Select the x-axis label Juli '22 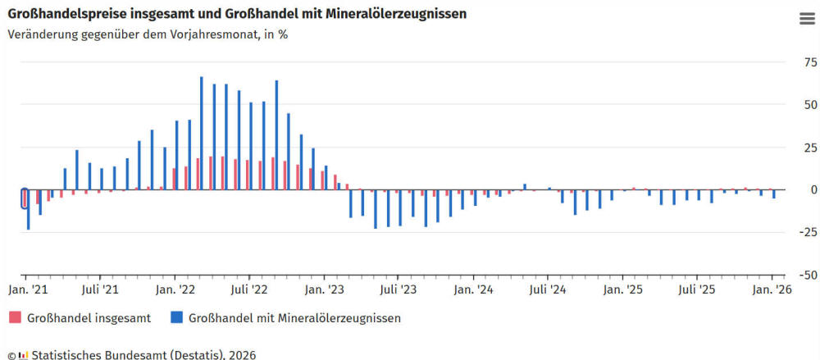point(249,289)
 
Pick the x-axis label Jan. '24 point(474,289)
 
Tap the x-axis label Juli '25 point(698,289)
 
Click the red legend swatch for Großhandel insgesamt point(14,317)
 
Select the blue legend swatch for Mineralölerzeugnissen point(175,317)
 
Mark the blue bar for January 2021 point(29,209)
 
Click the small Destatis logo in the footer point(24,355)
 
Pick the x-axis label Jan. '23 point(324,289)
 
